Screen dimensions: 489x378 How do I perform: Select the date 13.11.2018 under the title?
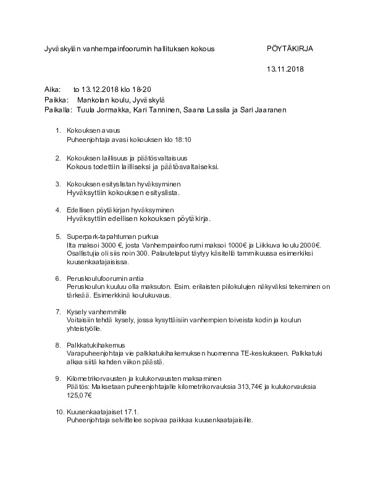coord(285,69)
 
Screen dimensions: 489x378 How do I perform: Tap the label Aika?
coord(52,90)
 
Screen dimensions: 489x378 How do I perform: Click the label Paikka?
coord(56,99)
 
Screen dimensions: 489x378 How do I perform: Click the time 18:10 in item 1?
coord(183,140)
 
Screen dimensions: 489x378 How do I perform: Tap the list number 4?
coord(58,210)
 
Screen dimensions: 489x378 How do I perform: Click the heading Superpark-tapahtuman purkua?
coord(113,236)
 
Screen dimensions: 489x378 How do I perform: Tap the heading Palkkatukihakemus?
coord(96,345)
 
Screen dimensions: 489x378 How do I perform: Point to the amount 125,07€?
coord(80,395)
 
